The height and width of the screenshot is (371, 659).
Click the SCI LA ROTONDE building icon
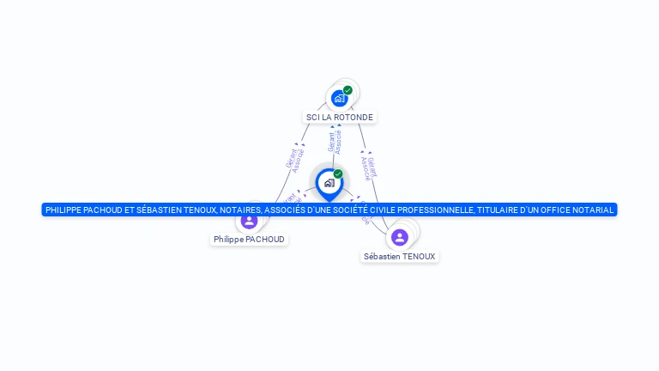click(339, 99)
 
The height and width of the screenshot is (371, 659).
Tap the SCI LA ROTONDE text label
click(340, 117)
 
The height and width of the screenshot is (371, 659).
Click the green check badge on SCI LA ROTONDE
click(348, 90)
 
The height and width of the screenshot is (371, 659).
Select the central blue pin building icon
click(329, 183)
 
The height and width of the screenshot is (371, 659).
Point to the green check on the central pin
click(338, 173)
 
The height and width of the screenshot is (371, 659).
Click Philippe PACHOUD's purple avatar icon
click(249, 221)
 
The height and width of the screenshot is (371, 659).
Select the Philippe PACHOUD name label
click(249, 239)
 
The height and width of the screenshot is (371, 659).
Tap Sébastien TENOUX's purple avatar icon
click(399, 237)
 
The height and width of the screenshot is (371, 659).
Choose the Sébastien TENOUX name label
click(399, 256)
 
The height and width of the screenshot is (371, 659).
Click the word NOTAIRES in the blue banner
click(239, 210)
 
